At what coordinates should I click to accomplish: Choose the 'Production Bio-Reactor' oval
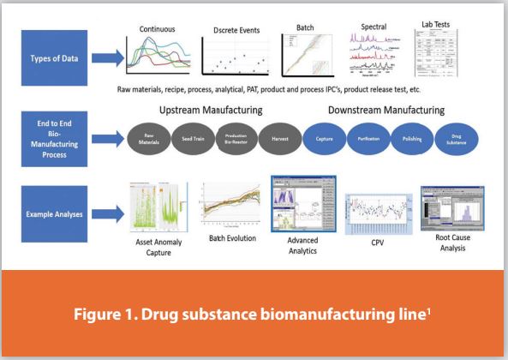(248, 139)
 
